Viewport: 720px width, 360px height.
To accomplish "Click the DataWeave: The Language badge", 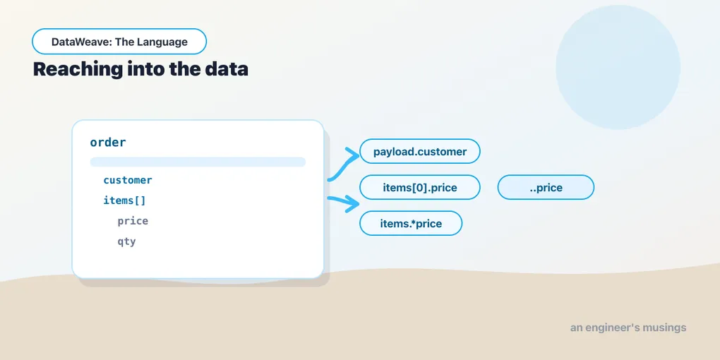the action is pos(119,42).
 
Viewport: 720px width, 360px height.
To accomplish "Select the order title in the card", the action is pos(108,143).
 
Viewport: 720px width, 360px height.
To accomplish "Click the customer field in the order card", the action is pos(128,180).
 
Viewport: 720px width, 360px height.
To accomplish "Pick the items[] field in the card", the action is pos(124,200).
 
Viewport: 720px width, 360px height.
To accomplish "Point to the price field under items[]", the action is pos(133,221).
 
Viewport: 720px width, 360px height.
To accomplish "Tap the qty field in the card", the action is pos(127,241).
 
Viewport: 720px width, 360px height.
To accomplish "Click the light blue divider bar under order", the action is pos(198,162).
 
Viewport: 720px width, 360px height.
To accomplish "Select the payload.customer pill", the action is pos(420,152).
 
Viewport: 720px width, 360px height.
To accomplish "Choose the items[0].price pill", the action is pos(420,187).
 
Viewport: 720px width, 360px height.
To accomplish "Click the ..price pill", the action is pos(546,187).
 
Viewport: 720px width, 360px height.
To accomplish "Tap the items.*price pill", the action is pos(411,224).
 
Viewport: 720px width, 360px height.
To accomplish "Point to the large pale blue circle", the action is pos(618,67).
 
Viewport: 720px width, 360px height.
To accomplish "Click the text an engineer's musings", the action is pos(628,328).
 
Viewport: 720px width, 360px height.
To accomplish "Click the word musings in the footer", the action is pos(664,328).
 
